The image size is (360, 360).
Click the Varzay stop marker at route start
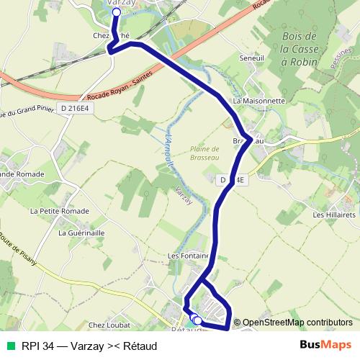117,12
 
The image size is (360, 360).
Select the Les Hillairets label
334,215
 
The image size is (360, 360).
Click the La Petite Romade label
60,211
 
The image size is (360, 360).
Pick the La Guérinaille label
81,233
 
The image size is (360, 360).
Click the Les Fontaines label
189,256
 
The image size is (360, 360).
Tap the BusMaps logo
325,345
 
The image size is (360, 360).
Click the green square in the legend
10,346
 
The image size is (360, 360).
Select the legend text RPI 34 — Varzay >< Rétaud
89,346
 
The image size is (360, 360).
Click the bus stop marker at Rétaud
197,320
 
